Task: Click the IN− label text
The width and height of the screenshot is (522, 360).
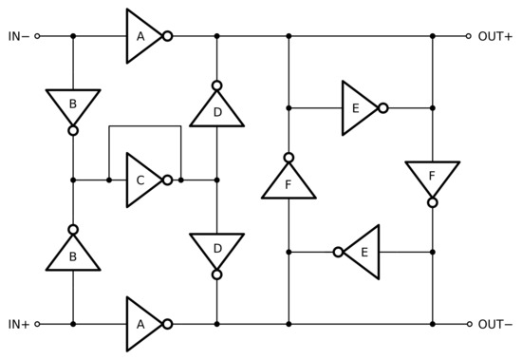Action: pos(17,36)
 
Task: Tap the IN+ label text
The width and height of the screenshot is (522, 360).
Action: pos(17,324)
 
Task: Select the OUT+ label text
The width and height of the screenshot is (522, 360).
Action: pos(494,36)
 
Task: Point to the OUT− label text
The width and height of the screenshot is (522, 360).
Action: pos(494,324)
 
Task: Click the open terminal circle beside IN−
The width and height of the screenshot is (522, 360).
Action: pos(37,36)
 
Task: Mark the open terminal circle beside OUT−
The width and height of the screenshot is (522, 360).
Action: pos(468,324)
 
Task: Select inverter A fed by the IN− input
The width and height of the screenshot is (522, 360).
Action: pos(142,36)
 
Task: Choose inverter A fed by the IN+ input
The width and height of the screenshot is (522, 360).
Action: pos(142,324)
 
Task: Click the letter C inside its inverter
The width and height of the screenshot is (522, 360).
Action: pos(140,180)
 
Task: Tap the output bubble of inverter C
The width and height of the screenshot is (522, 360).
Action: pos(167,180)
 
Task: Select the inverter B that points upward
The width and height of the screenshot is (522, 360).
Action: pos(73,254)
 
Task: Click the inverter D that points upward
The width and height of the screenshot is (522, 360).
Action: pos(216,110)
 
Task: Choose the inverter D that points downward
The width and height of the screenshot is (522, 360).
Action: pos(216,250)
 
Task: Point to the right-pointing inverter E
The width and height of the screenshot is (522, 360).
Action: pos(360,107)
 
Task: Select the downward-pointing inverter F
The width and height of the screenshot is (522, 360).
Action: pos(432,179)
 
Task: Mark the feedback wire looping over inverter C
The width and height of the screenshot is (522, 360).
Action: pos(144,125)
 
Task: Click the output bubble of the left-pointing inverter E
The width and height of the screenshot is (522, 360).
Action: pos(338,252)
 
